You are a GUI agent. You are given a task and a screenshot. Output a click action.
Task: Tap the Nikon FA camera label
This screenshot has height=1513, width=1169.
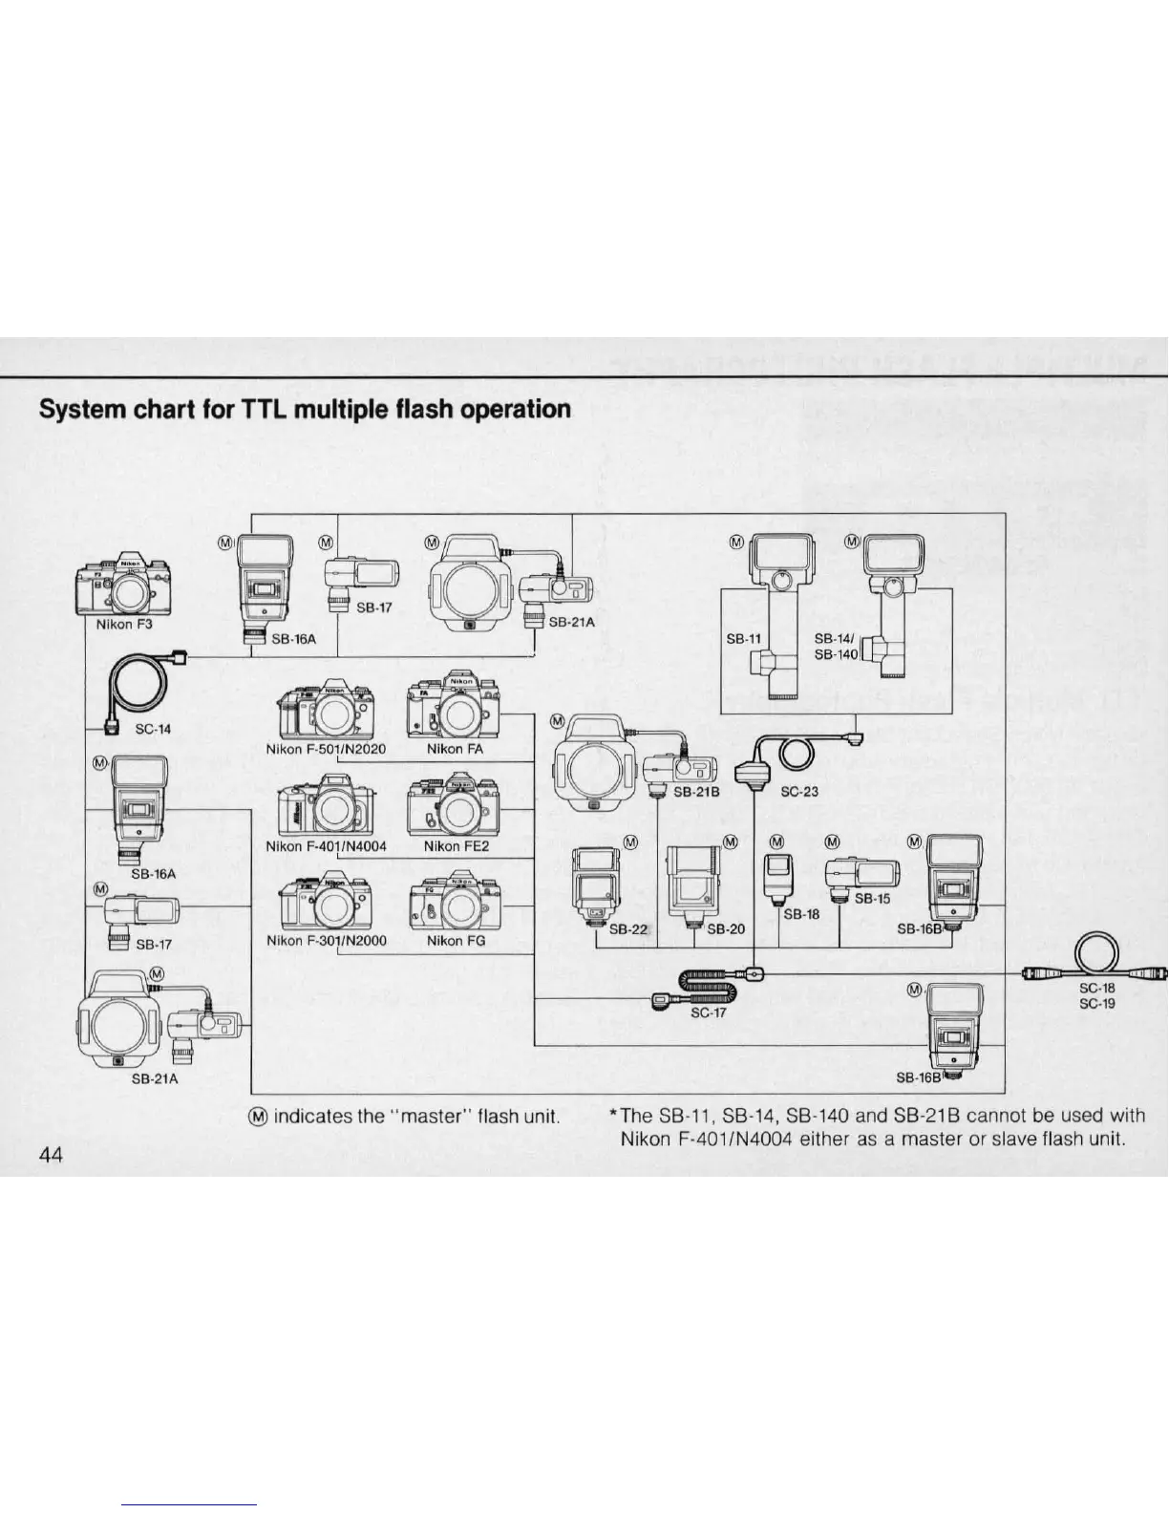click(x=455, y=749)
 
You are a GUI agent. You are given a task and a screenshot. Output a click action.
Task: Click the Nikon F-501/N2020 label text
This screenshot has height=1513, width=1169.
click(x=326, y=749)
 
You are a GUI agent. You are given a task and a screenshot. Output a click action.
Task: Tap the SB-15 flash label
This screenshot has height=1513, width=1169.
click(x=871, y=898)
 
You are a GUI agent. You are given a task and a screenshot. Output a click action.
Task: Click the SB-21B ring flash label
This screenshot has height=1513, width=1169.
click(x=695, y=792)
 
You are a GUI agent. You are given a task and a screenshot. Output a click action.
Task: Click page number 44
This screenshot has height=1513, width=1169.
click(x=51, y=1155)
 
